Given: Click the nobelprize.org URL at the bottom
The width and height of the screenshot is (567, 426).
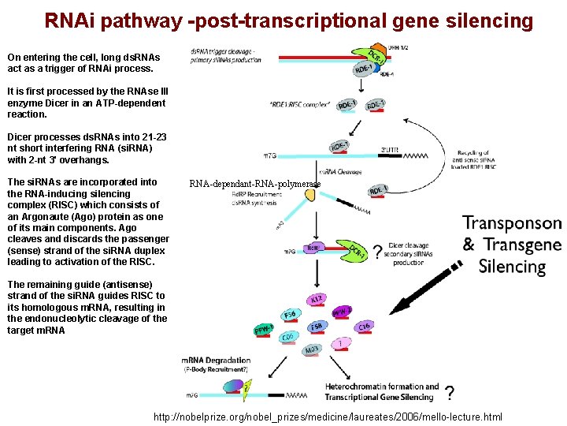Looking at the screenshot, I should click(x=328, y=416).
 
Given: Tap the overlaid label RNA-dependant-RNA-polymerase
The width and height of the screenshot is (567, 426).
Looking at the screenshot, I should click(x=255, y=185).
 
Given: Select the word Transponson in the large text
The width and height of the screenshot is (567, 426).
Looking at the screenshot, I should click(x=512, y=223).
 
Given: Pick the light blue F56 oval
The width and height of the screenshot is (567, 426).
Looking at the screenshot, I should click(x=290, y=314).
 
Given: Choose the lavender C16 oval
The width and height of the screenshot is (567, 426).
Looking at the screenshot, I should click(x=364, y=326).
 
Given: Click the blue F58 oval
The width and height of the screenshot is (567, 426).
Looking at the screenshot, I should click(x=315, y=327).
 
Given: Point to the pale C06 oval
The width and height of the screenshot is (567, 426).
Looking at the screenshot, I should click(x=288, y=338).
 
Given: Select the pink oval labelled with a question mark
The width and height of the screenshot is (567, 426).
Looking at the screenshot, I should click(x=339, y=343).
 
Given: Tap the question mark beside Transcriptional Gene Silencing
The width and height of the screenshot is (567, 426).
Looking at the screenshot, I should click(x=448, y=393).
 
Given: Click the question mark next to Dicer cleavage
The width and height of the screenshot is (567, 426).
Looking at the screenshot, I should click(x=377, y=252).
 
